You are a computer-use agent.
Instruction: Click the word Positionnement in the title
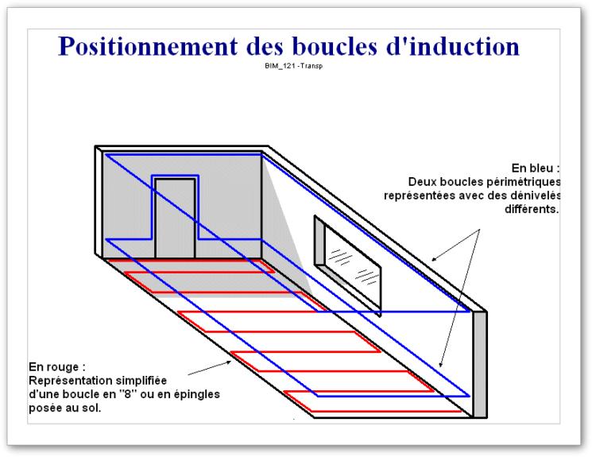pyautogui.click(x=148, y=47)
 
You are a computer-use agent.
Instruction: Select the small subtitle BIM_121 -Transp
pyautogui.click(x=293, y=66)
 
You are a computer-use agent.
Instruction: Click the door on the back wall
pyautogui.click(x=175, y=219)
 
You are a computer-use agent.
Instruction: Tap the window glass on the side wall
pyautogui.click(x=352, y=266)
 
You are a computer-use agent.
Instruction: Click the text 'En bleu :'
pyautogui.click(x=536, y=168)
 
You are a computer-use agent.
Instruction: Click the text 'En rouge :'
pyautogui.click(x=57, y=366)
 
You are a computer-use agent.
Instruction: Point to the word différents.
pyautogui.click(x=532, y=209)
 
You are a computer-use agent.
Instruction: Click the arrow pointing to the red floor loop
pyautogui.click(x=210, y=368)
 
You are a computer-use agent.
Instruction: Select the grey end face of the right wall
pyautogui.click(x=480, y=365)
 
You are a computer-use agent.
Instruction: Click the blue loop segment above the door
pyautogui.click(x=175, y=176)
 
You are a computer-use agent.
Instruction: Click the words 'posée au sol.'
pyautogui.click(x=65, y=409)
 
